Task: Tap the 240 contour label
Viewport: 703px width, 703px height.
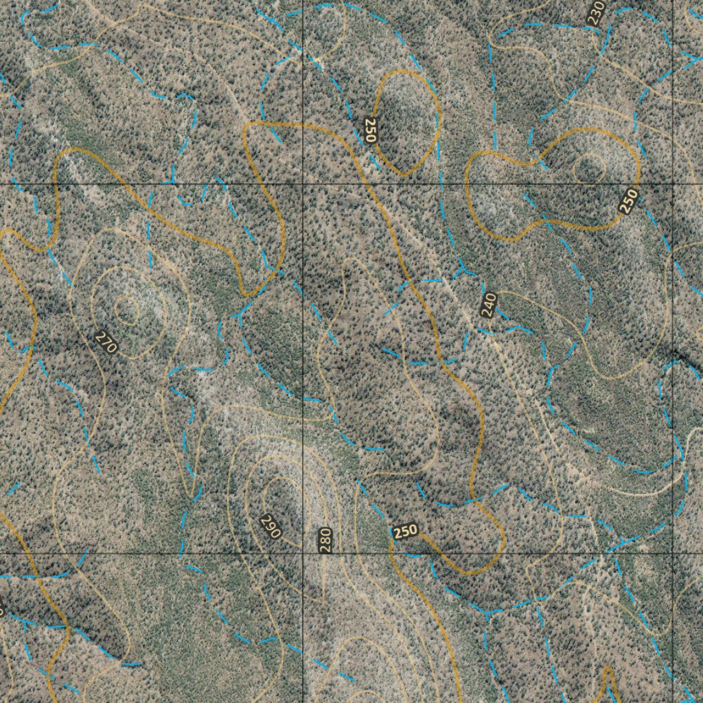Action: [488, 305]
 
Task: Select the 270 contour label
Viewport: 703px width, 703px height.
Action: [106, 342]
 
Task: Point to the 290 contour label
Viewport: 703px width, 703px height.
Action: [271, 526]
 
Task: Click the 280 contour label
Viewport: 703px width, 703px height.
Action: [325, 540]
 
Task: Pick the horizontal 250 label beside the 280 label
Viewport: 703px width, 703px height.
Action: [405, 531]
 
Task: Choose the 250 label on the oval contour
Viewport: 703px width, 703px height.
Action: [371, 130]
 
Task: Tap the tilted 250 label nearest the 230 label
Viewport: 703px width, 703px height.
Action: [628, 200]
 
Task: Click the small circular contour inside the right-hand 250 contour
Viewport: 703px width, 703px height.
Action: [589, 166]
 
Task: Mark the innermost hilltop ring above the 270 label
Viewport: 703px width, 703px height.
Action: [127, 310]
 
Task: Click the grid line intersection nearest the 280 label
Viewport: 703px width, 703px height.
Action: [303, 553]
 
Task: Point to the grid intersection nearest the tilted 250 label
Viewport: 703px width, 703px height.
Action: [673, 184]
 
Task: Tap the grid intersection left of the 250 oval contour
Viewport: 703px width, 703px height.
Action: [303, 184]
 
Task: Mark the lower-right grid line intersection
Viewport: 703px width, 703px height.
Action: [673, 553]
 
